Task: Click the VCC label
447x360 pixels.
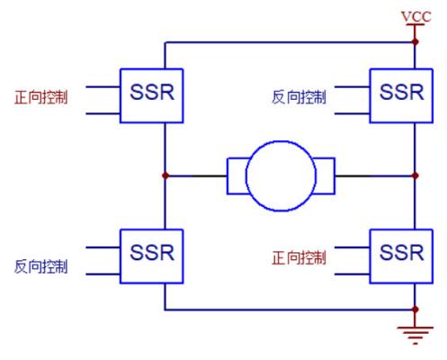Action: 416,16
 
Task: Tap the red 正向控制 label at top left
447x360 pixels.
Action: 41,97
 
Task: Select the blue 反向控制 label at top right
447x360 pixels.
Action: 299,97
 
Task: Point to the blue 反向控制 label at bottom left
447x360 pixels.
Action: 41,266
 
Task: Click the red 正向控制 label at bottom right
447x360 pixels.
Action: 299,257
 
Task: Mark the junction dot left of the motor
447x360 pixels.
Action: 165,175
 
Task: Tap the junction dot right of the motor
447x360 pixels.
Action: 416,175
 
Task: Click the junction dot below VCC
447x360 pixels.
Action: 416,42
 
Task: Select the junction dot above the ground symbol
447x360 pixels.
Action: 416,310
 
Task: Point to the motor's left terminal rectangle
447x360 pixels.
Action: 228,175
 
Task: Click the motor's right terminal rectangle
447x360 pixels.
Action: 334,175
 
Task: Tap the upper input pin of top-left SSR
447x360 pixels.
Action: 103,87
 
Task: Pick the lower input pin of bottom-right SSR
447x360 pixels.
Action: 352,274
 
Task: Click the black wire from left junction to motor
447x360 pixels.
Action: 196,175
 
